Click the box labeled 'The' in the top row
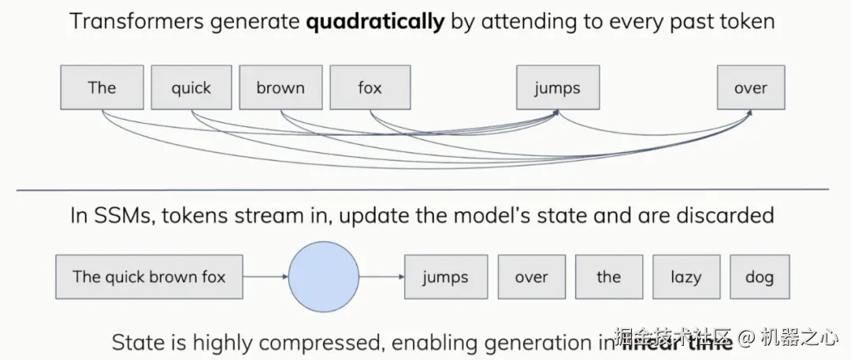102,87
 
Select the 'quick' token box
191,87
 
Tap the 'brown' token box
281,87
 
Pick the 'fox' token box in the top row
370,87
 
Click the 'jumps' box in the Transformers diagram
557,87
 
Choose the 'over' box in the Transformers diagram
750,87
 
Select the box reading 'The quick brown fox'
149,276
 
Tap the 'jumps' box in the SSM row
445,276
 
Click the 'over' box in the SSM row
531,276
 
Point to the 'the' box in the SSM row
608,276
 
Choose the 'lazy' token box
686,276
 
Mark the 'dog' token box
759,276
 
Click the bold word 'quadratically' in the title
375,21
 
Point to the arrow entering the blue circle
266,276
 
